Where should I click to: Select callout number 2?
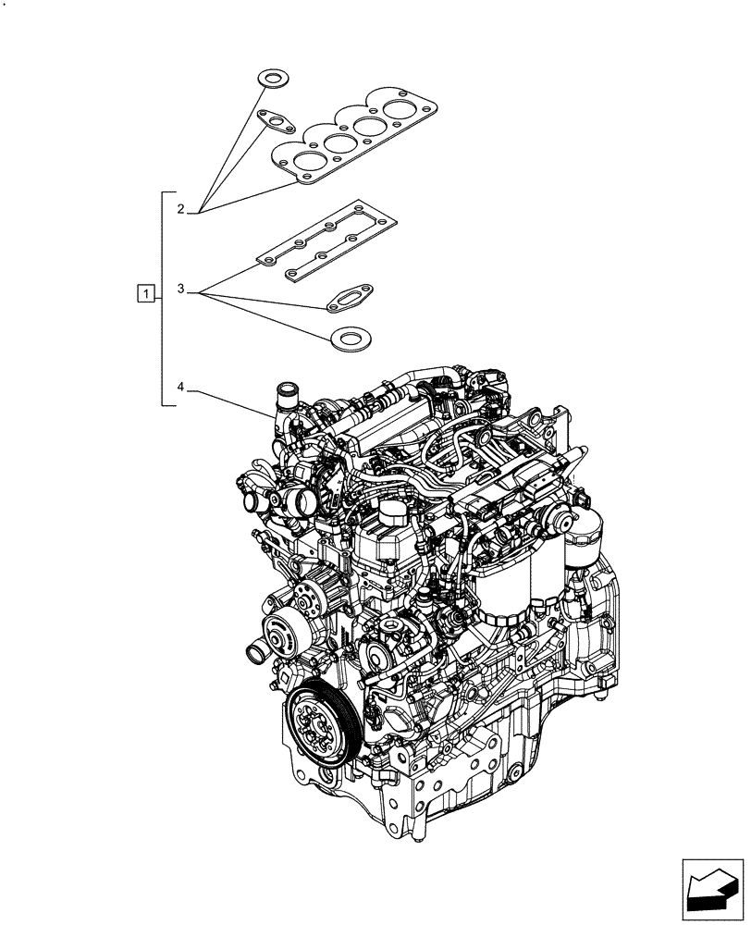coord(182,209)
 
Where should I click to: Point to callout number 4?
coord(182,386)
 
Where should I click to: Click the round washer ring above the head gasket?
coord(271,78)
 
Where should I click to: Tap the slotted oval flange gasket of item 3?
coord(350,297)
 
